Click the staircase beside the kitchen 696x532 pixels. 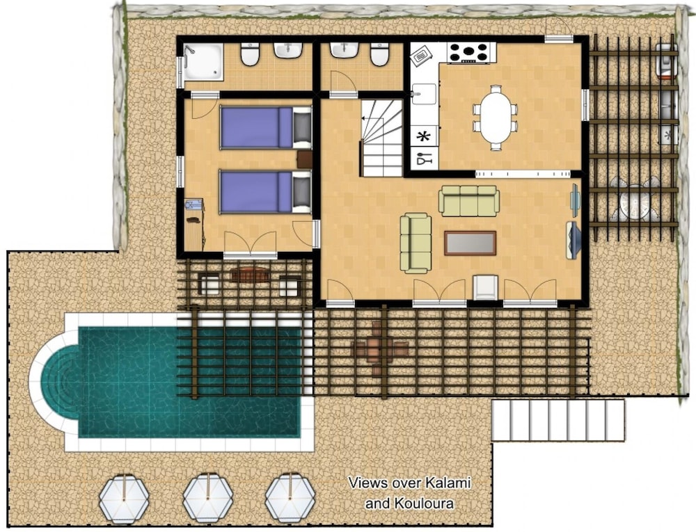(x=381, y=138)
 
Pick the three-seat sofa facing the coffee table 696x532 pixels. (x=469, y=201)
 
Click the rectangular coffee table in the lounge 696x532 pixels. (x=470, y=243)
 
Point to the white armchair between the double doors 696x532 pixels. (x=484, y=287)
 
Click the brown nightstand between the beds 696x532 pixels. (x=304, y=160)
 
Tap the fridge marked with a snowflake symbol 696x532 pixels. (x=424, y=137)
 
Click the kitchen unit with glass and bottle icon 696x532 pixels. (x=424, y=159)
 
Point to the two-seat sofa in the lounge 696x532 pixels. (x=416, y=243)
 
